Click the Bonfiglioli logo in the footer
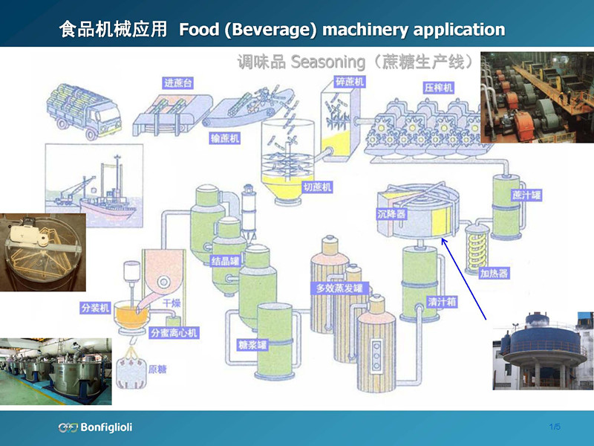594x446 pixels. pos(95,427)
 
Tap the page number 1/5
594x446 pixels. pos(555,426)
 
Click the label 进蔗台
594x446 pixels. pos(178,83)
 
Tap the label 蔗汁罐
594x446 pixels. pos(526,195)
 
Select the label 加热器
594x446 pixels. pos(494,273)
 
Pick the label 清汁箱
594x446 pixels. pos(442,303)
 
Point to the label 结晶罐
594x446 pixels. pos(225,262)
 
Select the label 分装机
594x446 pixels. pos(95,307)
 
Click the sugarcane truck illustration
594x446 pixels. pos(83,110)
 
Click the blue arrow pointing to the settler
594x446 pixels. pos(464,279)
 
